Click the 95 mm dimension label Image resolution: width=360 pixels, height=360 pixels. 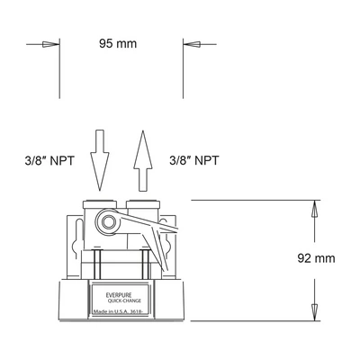point(118,44)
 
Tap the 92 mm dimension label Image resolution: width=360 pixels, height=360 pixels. point(316,258)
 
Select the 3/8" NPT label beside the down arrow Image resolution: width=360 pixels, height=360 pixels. point(49,160)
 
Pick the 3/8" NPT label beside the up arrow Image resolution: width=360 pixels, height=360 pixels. point(194,160)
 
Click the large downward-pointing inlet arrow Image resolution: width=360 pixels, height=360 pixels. point(100,160)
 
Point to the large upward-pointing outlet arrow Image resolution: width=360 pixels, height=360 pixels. point(143,161)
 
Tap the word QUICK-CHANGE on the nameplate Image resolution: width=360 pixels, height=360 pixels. point(124,301)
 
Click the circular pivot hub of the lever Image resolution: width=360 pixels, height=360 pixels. point(107,222)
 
